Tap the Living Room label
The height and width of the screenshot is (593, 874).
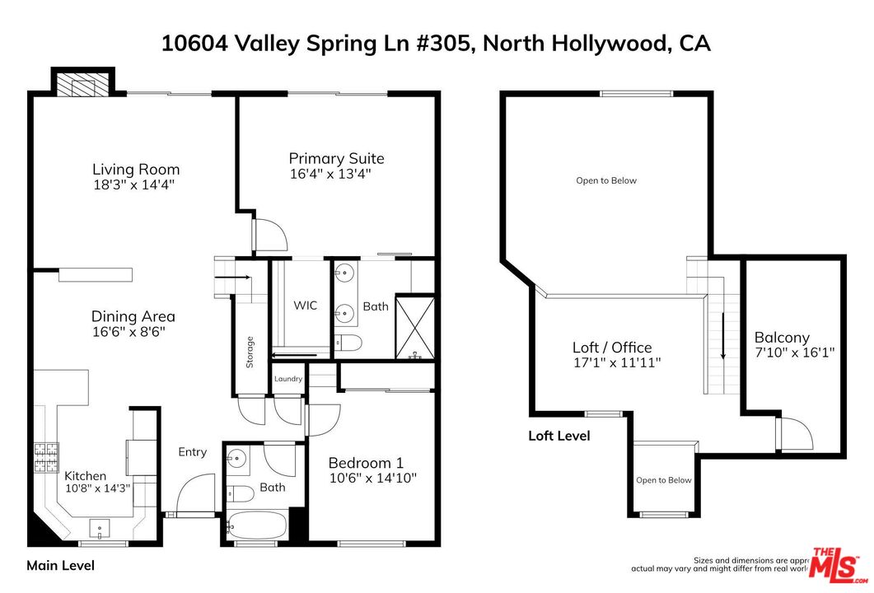tap(136, 170)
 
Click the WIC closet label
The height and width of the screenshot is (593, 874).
tap(305, 306)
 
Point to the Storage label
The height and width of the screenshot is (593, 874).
tap(250, 353)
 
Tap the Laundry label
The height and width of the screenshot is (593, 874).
tap(288, 379)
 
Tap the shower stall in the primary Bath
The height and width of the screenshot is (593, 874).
tap(414, 327)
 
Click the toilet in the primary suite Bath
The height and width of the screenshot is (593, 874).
tap(347, 343)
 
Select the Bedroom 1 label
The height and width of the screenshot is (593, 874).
tap(366, 463)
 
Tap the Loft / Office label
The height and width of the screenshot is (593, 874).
tap(612, 348)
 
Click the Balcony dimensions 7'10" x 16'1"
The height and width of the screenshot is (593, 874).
tap(794, 353)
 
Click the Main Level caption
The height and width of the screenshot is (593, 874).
tap(60, 566)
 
